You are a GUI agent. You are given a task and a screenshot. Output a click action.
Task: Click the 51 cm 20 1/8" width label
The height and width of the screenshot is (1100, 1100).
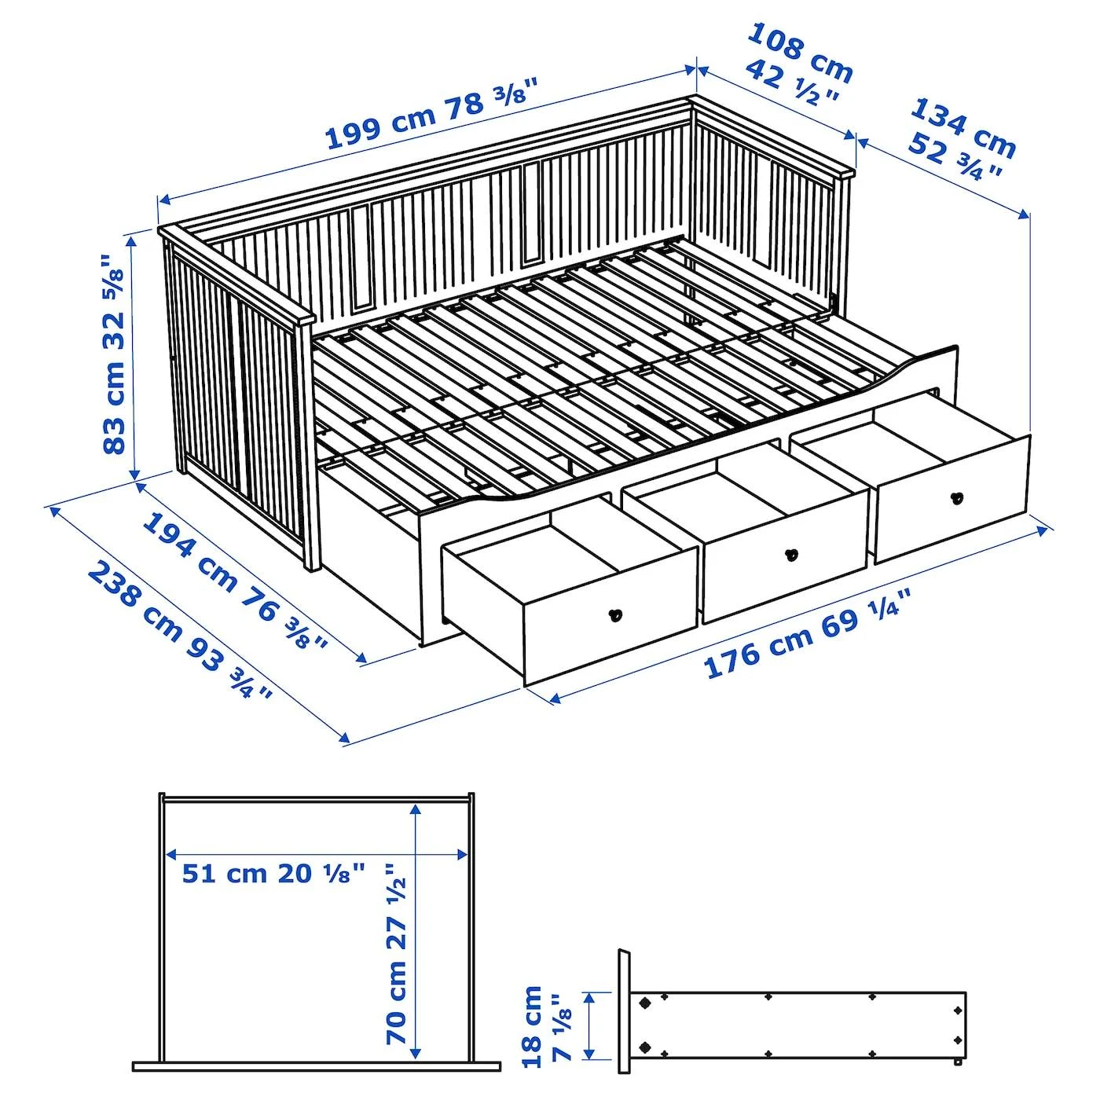[x=273, y=873]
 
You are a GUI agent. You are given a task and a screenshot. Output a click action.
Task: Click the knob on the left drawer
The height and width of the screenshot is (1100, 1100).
[x=614, y=614]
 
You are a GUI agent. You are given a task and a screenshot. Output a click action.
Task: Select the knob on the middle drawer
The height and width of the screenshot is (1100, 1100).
[x=791, y=555]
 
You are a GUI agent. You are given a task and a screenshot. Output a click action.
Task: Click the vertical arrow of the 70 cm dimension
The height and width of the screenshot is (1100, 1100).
[x=416, y=927]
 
